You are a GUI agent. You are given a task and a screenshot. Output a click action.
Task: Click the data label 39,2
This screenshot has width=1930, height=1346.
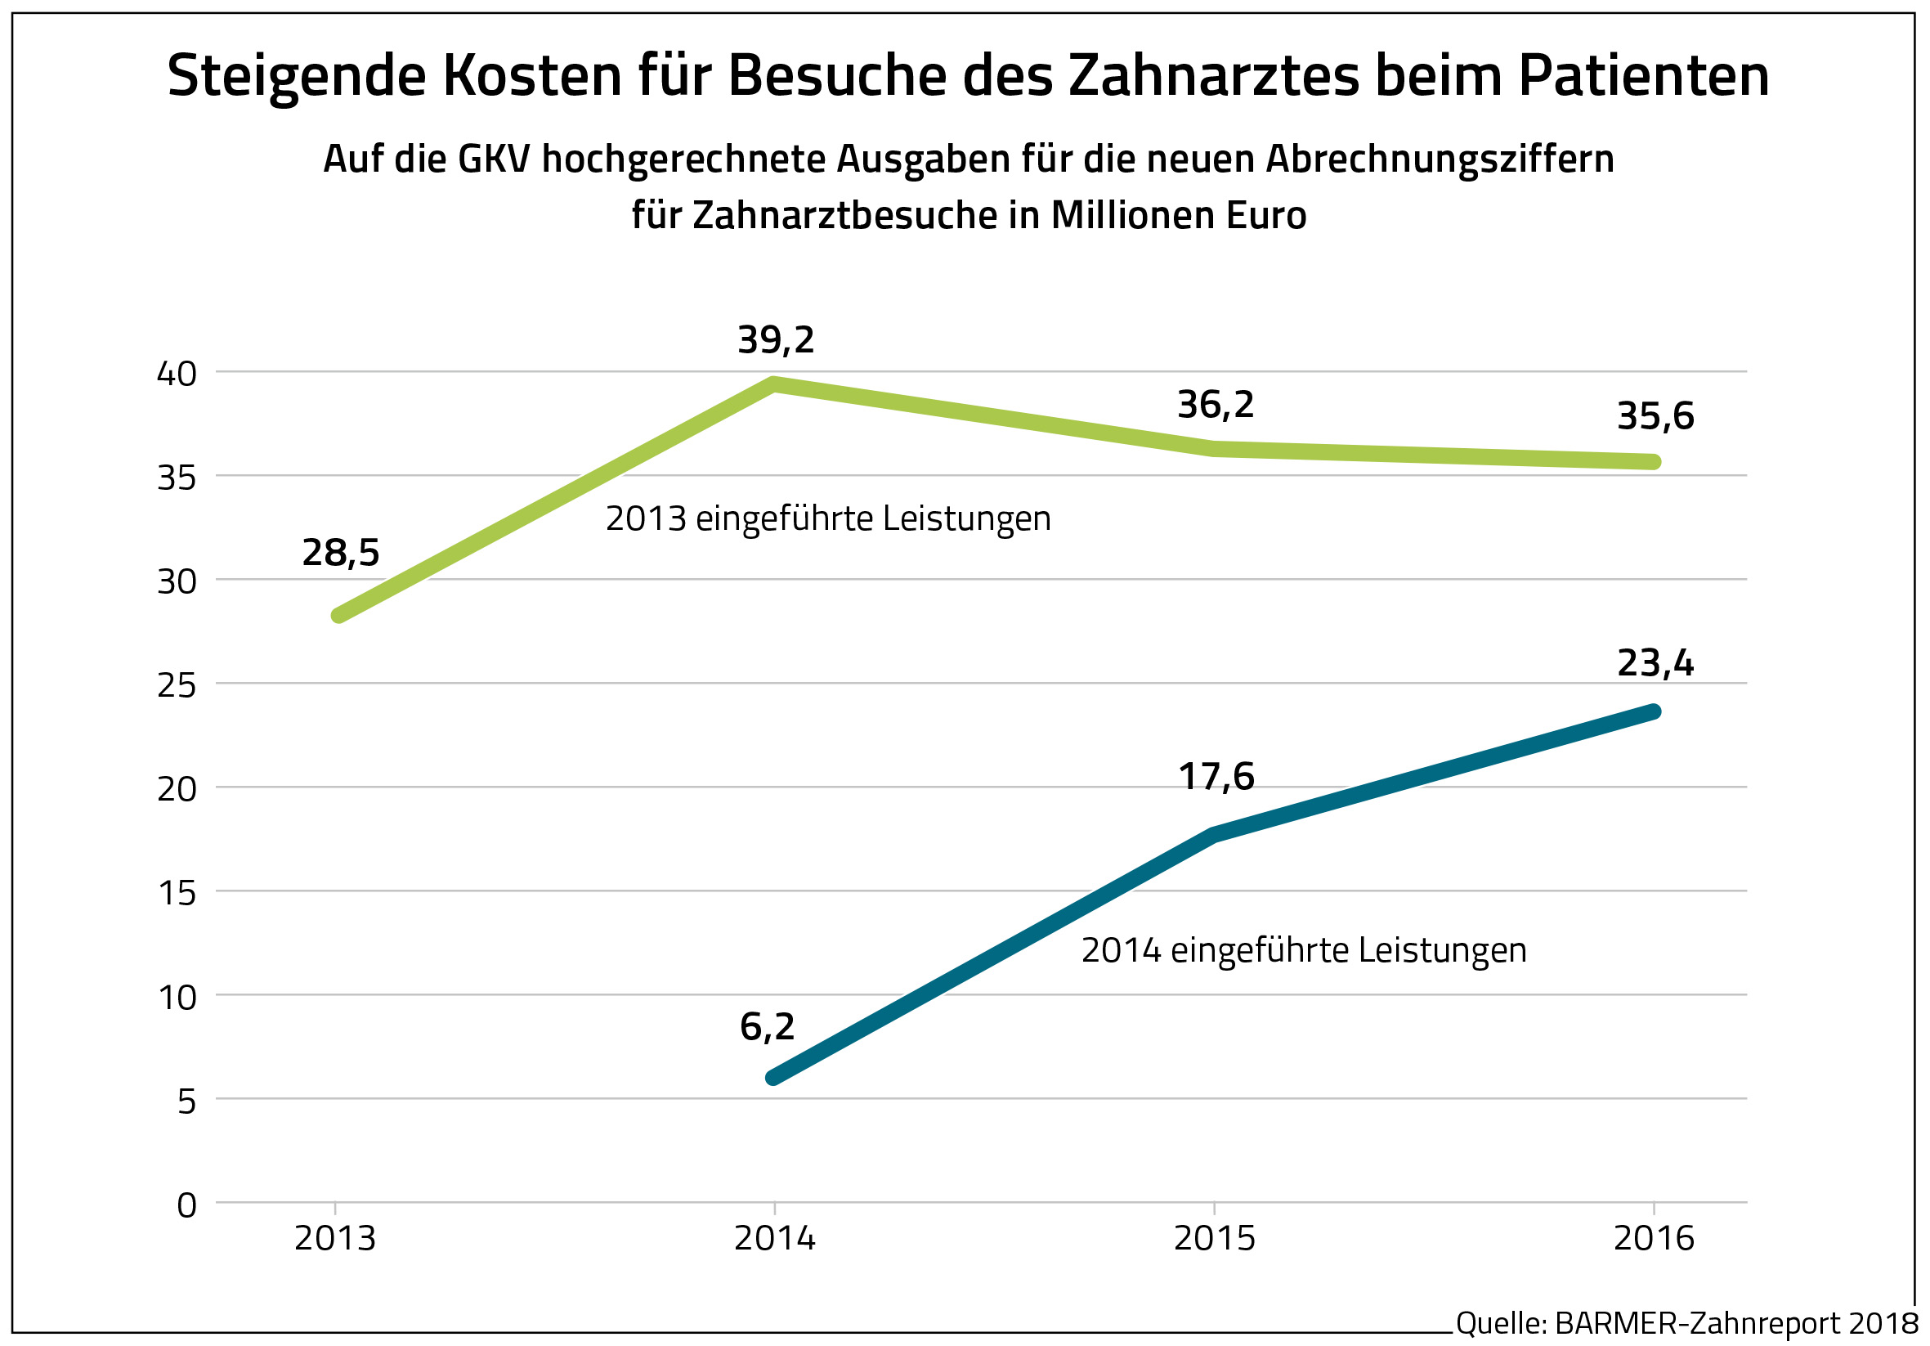tap(775, 340)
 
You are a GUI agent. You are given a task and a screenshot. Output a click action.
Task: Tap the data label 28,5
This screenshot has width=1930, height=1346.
tap(340, 553)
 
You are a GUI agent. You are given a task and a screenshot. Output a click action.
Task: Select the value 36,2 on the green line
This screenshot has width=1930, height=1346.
tap(1215, 406)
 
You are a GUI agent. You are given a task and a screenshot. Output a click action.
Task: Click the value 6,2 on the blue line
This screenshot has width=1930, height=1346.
tap(767, 1027)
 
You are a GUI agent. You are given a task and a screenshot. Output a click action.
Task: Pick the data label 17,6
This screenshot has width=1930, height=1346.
tap(1216, 777)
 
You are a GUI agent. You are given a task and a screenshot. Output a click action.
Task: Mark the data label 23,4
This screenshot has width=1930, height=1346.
tap(1655, 663)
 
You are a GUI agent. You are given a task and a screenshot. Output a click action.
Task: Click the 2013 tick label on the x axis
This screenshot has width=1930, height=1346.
tap(334, 1238)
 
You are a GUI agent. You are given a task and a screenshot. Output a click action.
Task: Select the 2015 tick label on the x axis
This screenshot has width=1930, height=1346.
tap(1214, 1238)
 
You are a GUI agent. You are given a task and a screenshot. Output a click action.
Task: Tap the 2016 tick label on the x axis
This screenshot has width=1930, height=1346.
tap(1654, 1238)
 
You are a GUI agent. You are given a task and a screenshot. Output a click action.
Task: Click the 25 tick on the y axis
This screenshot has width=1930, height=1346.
tap(177, 686)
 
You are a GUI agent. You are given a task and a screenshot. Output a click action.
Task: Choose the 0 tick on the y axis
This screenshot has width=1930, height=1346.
tap(186, 1205)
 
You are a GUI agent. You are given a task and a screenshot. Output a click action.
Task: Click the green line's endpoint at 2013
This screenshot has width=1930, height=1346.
tap(338, 616)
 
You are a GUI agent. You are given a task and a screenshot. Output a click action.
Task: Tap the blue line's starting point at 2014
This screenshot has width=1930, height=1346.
tap(773, 1078)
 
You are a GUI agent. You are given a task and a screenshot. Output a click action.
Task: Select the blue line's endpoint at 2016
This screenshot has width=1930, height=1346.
tap(1654, 712)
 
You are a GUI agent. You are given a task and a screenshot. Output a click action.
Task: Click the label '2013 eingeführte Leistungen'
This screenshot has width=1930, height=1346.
tap(828, 519)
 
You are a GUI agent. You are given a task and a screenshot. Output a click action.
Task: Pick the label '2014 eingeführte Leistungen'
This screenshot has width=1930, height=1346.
tap(1303, 951)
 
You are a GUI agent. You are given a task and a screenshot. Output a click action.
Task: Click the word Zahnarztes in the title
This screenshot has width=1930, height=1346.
tap(1213, 76)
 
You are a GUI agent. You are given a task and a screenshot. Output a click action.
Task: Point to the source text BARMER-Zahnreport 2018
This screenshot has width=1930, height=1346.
tap(1735, 1323)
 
